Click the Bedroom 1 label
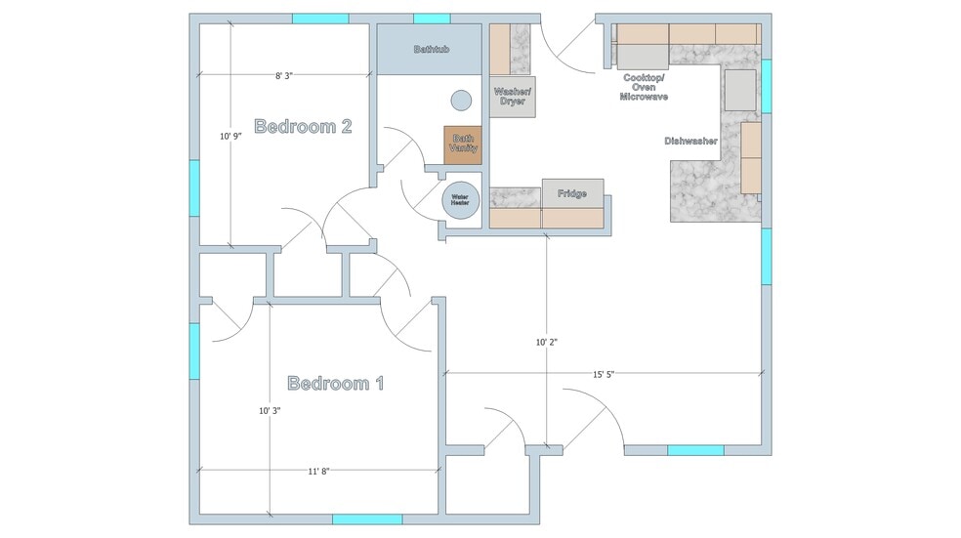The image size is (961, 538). [335, 384]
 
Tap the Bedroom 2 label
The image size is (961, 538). [303, 126]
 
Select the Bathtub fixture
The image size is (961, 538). [429, 49]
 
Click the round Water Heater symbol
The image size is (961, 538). [460, 200]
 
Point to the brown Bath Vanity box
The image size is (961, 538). [463, 145]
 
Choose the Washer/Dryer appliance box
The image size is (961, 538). [513, 97]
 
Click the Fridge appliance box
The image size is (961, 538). [572, 193]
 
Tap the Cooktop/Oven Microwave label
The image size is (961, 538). [644, 87]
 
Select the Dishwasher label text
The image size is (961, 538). [690, 141]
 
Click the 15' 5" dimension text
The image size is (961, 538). [604, 374]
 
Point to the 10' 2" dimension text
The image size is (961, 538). [547, 342]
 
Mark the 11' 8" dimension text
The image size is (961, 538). [318, 472]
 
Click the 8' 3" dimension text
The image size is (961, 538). [284, 76]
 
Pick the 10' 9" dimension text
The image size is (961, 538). [231, 136]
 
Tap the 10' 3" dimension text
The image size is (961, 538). [270, 410]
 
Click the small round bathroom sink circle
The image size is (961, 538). [461, 101]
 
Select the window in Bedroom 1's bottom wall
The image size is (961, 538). [367, 519]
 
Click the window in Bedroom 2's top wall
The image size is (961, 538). [320, 19]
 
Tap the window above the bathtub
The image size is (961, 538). [432, 19]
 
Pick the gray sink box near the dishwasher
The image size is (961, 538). [740, 90]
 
